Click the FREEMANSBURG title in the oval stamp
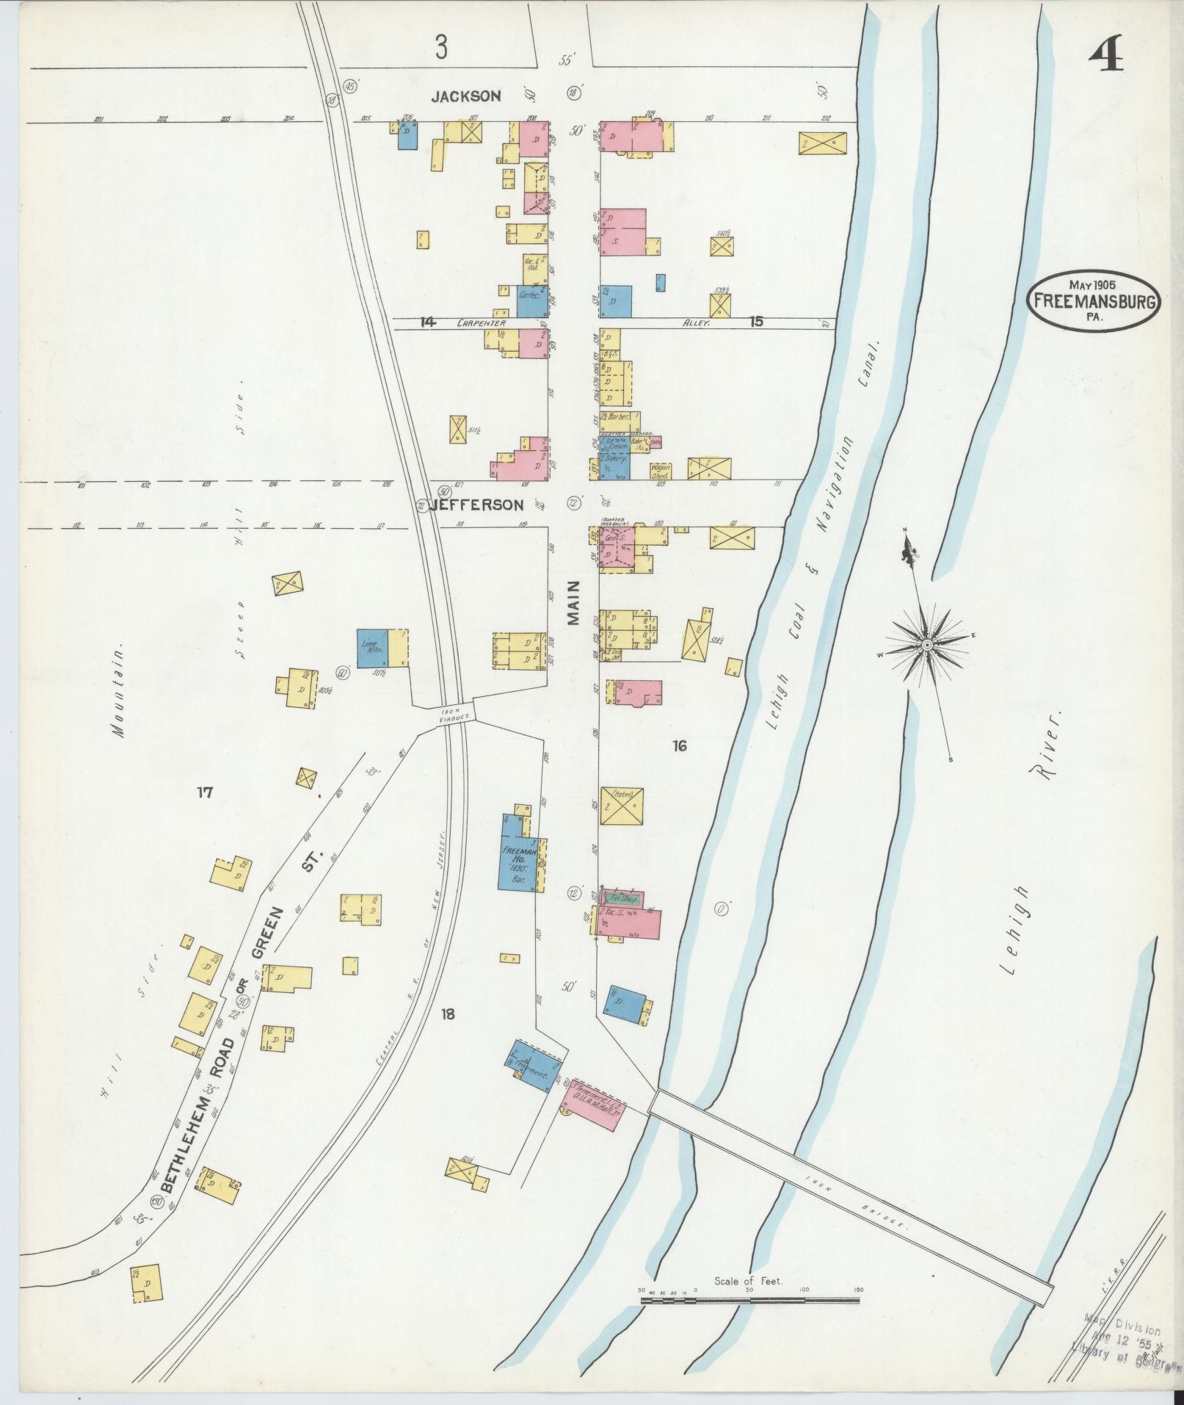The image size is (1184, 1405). coord(1093,300)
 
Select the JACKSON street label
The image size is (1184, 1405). coord(465,96)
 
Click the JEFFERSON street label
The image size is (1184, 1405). coord(477,505)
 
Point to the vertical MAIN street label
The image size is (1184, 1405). coord(573,602)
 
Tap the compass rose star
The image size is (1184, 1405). coord(927,644)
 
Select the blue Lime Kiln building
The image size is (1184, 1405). coord(371,648)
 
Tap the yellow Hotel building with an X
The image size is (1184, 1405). coord(622,806)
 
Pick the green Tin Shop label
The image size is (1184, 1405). coord(622,898)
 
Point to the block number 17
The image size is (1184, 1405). coord(204,792)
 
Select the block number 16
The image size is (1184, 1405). coord(679,746)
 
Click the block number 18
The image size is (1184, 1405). coord(448,1014)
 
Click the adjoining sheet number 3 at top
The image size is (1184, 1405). coord(440,48)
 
